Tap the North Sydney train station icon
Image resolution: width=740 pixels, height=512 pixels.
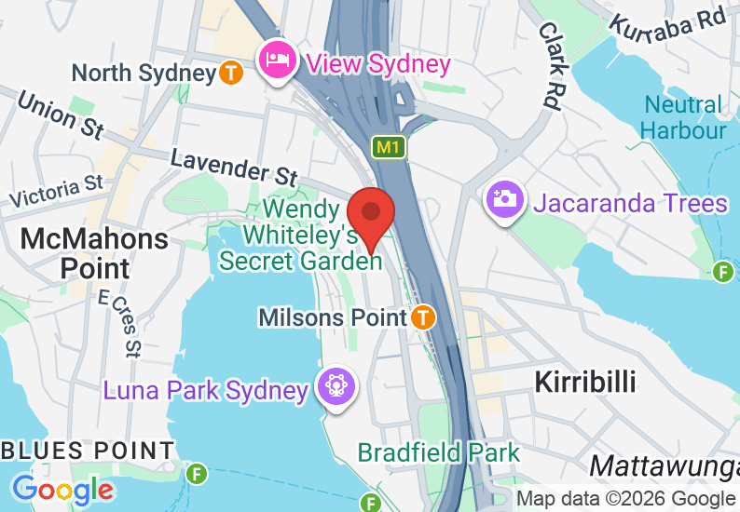pyautogui.click(x=232, y=72)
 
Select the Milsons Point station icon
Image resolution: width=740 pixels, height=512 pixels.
pyautogui.click(x=423, y=317)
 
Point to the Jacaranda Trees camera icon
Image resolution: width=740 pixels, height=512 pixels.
pyautogui.click(x=504, y=200)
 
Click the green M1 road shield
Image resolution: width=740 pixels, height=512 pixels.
pyautogui.click(x=389, y=146)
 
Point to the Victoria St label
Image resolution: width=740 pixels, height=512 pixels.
pyautogui.click(x=56, y=191)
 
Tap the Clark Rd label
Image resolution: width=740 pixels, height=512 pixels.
pyautogui.click(x=550, y=65)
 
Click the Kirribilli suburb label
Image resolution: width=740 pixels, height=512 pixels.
pyautogui.click(x=584, y=382)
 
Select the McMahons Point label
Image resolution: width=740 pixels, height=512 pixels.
pyautogui.click(x=94, y=253)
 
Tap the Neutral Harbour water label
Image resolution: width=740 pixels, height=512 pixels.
pyautogui.click(x=683, y=117)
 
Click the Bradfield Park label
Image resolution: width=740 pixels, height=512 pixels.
pyautogui.click(x=439, y=453)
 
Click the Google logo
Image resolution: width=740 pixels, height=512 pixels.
pyautogui.click(x=62, y=489)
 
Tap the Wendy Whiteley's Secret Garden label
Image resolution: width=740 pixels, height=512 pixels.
pyautogui.click(x=301, y=236)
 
